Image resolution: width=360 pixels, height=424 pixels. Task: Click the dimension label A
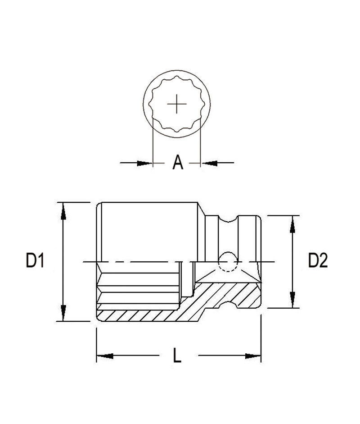click(177, 162)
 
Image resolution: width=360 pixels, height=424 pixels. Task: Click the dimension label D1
click(35, 260)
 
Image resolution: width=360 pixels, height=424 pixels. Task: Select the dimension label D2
click(318, 260)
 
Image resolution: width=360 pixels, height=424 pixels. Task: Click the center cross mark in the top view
click(177, 104)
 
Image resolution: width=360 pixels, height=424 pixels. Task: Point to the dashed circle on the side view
click(228, 262)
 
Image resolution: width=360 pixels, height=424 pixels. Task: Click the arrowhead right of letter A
click(209, 163)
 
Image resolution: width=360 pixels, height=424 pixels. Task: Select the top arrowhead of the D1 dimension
click(63, 211)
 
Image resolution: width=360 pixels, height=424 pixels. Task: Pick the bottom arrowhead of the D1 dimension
click(63, 313)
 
